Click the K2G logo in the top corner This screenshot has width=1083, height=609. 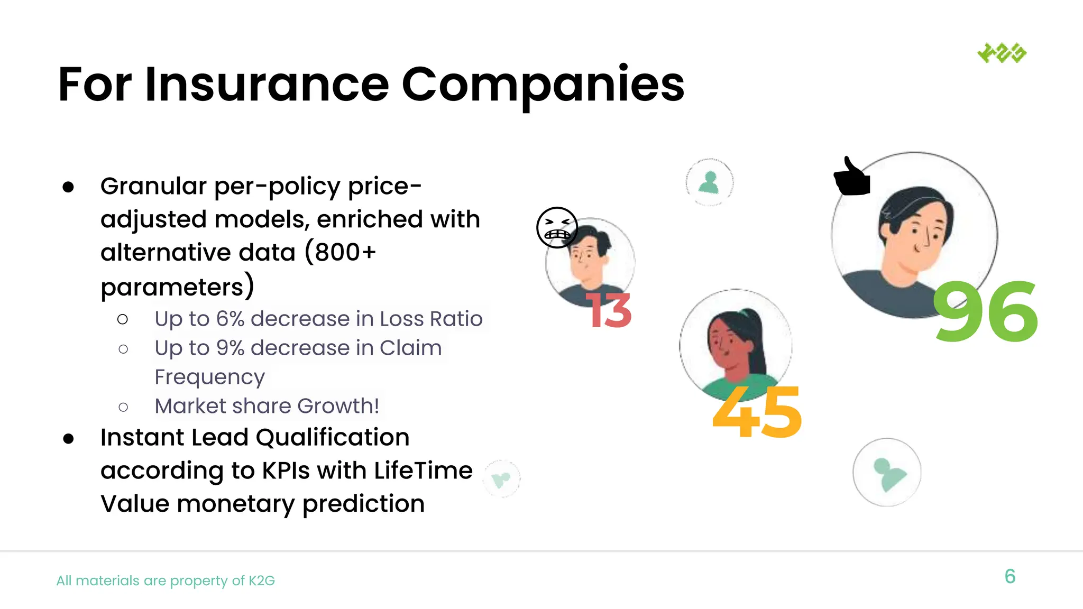click(1002, 53)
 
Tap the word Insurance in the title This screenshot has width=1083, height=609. click(267, 85)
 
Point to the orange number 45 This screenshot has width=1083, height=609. click(757, 412)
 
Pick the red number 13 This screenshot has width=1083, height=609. click(609, 310)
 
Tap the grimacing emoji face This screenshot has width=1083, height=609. click(557, 227)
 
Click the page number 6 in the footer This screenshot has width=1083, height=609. click(1009, 576)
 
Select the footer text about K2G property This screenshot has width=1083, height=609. click(166, 580)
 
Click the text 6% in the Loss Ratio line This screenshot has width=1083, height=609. click(230, 319)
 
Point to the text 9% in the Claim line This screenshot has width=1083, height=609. click(230, 348)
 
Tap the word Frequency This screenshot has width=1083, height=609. click(209, 377)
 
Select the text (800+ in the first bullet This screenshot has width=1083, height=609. click(340, 252)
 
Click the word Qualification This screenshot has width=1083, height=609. click(333, 437)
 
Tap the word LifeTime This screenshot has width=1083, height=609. click(423, 470)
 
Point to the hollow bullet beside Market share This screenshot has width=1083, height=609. click(123, 407)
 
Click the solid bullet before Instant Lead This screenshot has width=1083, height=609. click(68, 438)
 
